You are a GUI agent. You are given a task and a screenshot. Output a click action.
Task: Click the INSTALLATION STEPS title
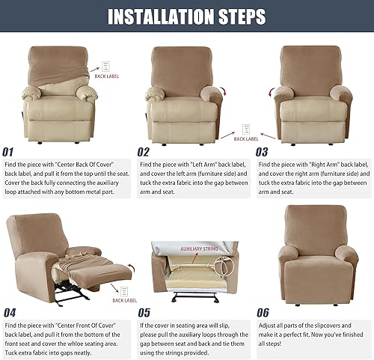(x=186, y=16)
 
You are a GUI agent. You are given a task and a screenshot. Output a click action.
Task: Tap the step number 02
(x=144, y=150)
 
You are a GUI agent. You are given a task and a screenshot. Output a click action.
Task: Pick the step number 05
(x=144, y=313)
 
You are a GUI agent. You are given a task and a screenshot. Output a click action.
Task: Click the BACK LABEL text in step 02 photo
(x=246, y=138)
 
